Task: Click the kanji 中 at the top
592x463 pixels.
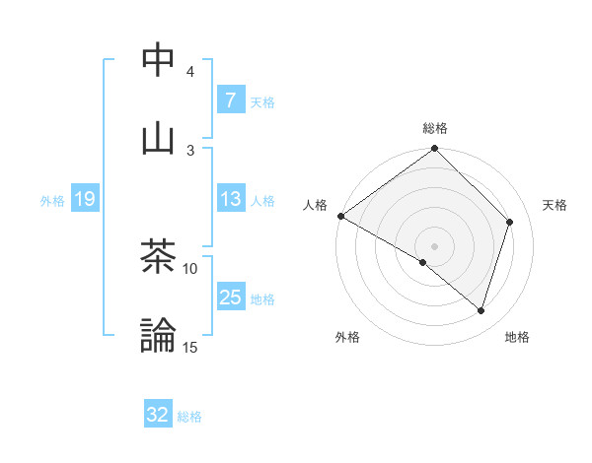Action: click(x=159, y=60)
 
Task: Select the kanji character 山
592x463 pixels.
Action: click(x=159, y=138)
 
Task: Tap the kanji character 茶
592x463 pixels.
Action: click(x=159, y=257)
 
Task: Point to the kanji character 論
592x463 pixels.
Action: click(x=159, y=335)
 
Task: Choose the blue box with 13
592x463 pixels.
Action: click(x=230, y=199)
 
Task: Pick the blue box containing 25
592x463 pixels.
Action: click(x=230, y=298)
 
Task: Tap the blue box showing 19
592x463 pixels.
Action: click(x=84, y=199)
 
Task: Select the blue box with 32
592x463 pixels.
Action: click(x=158, y=415)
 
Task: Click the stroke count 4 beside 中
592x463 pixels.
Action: click(x=189, y=72)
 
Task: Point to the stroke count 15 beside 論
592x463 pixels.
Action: click(x=190, y=347)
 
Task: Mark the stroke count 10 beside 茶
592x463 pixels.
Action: click(x=190, y=268)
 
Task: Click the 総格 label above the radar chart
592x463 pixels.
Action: click(x=435, y=128)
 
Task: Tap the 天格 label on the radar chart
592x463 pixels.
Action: click(x=555, y=205)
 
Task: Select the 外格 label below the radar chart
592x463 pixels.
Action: click(x=347, y=337)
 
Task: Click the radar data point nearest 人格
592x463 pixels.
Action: click(x=340, y=216)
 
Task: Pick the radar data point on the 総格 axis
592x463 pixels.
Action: click(x=435, y=150)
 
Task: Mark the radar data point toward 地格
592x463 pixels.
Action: click(x=481, y=311)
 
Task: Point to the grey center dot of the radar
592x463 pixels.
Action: click(x=435, y=245)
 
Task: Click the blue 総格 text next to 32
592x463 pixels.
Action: click(x=189, y=417)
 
